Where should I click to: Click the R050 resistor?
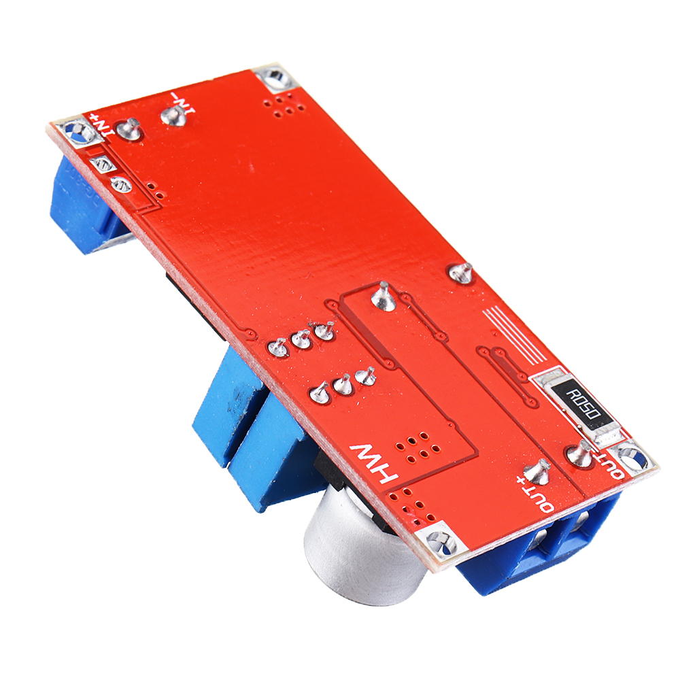(582, 403)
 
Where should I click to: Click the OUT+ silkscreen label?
(534, 493)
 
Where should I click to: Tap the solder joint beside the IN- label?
(171, 116)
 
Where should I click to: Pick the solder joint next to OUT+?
(539, 469)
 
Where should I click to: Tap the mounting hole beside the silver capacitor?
(441, 541)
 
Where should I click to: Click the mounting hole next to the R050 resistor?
(631, 460)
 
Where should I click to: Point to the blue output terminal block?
(544, 551)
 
